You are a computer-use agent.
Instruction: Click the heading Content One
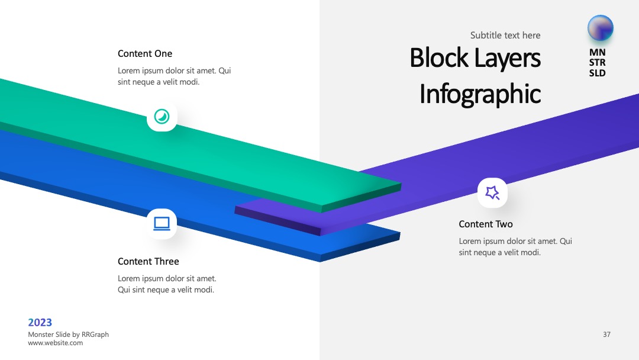click(x=145, y=54)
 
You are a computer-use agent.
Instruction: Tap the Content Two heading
click(x=486, y=224)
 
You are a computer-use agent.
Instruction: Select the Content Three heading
click(x=149, y=261)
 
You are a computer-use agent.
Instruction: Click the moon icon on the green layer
click(x=162, y=117)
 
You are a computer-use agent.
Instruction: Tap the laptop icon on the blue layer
click(x=162, y=223)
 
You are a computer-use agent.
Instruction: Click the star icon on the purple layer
click(x=492, y=192)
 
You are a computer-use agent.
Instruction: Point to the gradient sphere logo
click(x=601, y=28)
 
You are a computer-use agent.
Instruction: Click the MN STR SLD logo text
click(x=598, y=63)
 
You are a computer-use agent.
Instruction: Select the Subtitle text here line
click(x=505, y=36)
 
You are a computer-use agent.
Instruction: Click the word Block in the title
click(x=439, y=57)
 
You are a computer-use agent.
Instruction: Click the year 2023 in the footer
click(x=40, y=323)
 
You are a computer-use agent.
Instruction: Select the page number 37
click(x=607, y=335)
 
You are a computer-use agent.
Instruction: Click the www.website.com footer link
click(x=56, y=343)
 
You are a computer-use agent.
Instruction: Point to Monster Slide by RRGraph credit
click(x=69, y=335)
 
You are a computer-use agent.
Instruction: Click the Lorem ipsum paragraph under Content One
click(x=175, y=76)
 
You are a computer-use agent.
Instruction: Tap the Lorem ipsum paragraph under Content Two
click(x=515, y=247)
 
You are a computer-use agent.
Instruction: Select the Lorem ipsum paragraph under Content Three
click(x=167, y=284)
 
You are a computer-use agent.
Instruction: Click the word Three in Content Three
click(x=166, y=261)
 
